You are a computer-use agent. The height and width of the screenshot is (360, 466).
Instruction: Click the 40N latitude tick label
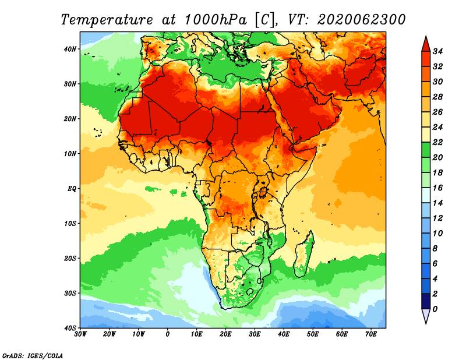70,49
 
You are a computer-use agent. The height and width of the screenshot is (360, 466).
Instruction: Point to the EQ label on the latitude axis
72,189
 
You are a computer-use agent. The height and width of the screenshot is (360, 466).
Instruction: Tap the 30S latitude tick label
70,293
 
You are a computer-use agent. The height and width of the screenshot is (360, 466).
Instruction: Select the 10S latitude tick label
70,223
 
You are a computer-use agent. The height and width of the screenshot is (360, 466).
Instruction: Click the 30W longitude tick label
80,334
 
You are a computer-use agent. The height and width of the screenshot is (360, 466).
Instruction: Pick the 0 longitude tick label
168,334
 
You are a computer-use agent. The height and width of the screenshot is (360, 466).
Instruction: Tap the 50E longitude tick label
313,334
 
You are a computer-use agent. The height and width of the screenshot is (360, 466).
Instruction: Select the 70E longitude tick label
370,334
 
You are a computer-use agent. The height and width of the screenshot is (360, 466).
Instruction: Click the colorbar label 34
437,51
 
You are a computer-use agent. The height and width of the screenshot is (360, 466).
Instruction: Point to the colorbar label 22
437,142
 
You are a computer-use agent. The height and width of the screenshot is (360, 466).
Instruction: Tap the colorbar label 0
435,309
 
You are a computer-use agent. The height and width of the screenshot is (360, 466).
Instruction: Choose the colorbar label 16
437,188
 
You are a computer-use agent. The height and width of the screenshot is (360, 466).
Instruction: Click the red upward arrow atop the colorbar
426,44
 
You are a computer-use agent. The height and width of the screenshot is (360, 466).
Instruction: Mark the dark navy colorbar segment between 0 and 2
426,301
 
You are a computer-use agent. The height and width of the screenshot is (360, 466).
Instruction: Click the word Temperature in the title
107,20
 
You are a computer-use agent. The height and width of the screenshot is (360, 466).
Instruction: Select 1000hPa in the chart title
216,20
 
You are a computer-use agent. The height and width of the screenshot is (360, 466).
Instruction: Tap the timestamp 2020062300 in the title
361,20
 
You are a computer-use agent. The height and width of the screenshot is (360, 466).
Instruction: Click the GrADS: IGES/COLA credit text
33,356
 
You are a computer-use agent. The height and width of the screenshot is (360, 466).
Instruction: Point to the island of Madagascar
304,254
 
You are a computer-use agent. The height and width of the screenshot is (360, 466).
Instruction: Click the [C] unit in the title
264,20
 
